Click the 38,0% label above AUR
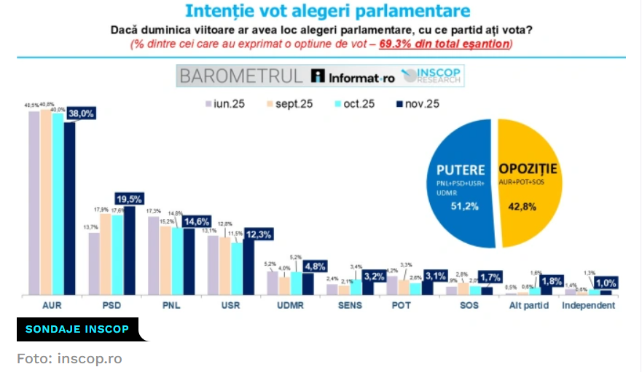click(x=81, y=114)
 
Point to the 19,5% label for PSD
click(x=129, y=198)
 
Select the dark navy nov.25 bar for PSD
click(x=129, y=251)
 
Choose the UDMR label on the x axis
click(x=285, y=306)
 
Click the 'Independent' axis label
click(x=588, y=306)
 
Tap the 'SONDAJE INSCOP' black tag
click(x=78, y=330)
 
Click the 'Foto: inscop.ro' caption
click(x=70, y=359)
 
